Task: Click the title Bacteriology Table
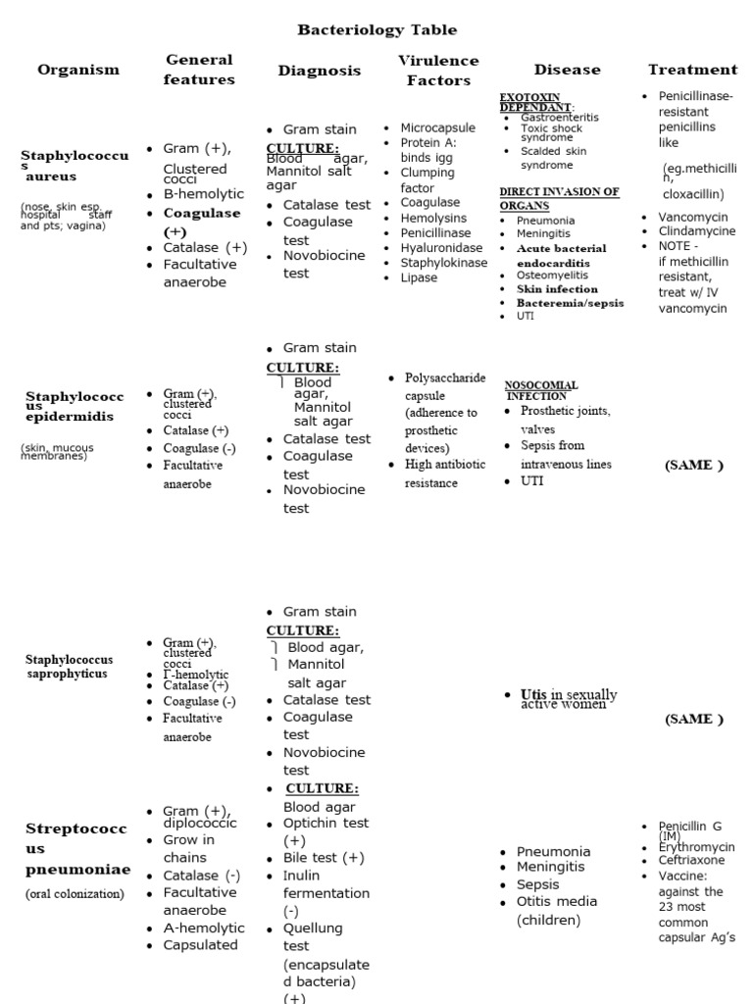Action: [376, 30]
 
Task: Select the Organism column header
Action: [78, 70]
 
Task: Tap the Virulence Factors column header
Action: [438, 71]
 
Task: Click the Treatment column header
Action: [692, 70]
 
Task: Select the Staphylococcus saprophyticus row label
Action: [70, 667]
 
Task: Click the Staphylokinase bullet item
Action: [443, 263]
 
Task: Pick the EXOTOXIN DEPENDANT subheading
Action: [536, 101]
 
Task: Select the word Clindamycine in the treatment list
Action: [697, 231]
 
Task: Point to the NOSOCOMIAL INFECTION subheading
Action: [541, 390]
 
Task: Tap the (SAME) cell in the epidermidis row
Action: [694, 465]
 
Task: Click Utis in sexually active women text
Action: [569, 699]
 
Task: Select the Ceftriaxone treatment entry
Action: [691, 860]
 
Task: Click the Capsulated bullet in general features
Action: [200, 945]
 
